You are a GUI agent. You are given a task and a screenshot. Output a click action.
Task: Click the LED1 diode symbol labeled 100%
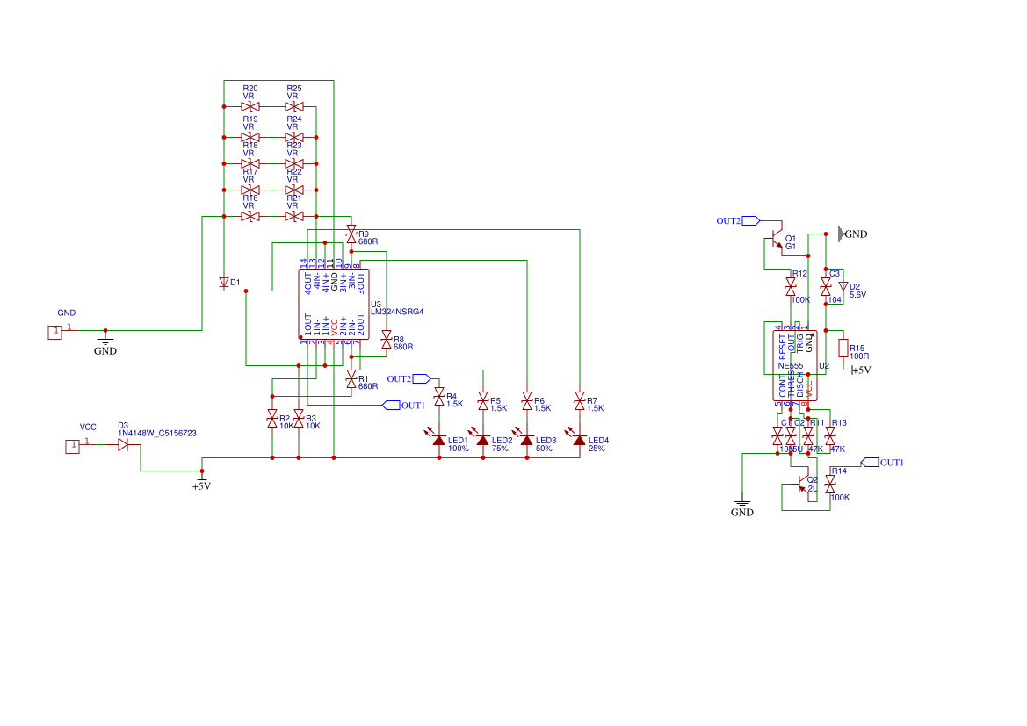(439, 440)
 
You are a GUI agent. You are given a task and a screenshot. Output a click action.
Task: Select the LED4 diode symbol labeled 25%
(579, 440)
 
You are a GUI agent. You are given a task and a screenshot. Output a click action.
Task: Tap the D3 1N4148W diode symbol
(123, 445)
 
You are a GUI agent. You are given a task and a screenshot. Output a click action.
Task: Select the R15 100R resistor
(843, 349)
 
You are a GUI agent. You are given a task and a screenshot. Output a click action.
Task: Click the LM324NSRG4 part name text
(397, 312)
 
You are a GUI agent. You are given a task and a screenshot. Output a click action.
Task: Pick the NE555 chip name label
(791, 365)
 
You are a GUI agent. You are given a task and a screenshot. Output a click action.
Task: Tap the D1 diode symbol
(224, 283)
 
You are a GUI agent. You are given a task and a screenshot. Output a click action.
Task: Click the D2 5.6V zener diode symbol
(843, 287)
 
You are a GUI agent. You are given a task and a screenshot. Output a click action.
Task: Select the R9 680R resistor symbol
(351, 233)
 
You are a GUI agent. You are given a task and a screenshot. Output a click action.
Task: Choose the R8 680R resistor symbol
(386, 337)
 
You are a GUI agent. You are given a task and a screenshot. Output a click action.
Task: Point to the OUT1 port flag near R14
(870, 462)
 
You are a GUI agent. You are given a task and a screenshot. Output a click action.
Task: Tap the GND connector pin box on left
(55, 331)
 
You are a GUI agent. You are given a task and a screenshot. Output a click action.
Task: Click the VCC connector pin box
(73, 447)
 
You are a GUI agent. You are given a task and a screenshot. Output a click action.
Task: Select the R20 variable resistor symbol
(250, 106)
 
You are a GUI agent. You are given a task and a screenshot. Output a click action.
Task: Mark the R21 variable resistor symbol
(294, 216)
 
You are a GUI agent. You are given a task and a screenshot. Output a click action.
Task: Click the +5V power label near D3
(201, 485)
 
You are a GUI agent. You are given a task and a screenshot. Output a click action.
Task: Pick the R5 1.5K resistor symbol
(482, 401)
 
